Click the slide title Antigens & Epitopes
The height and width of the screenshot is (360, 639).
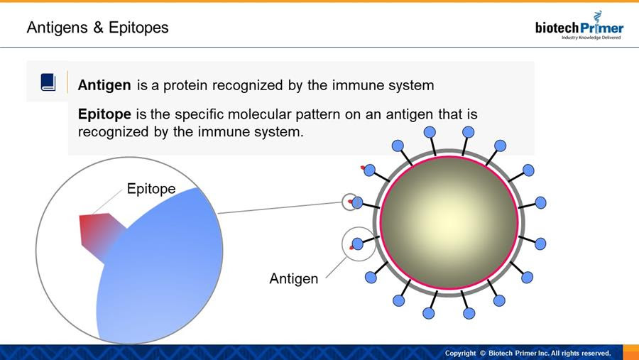click(x=97, y=28)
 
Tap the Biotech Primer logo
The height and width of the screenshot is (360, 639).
click(x=579, y=26)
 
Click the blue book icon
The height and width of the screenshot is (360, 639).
click(x=48, y=82)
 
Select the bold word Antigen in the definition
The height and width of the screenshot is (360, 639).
click(x=104, y=85)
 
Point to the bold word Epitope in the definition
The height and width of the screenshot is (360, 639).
click(x=104, y=114)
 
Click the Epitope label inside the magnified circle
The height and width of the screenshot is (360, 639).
click(x=151, y=189)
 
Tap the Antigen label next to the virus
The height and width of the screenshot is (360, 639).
click(x=294, y=278)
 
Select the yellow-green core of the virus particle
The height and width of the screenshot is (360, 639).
click(x=449, y=223)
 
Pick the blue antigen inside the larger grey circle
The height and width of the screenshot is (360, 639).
click(x=357, y=244)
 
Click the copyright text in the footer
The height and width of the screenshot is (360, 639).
click(x=528, y=353)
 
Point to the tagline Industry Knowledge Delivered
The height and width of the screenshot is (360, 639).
click(x=591, y=38)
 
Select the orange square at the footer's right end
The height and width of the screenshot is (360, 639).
click(x=631, y=352)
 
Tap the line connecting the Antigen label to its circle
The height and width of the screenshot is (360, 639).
click(x=337, y=268)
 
